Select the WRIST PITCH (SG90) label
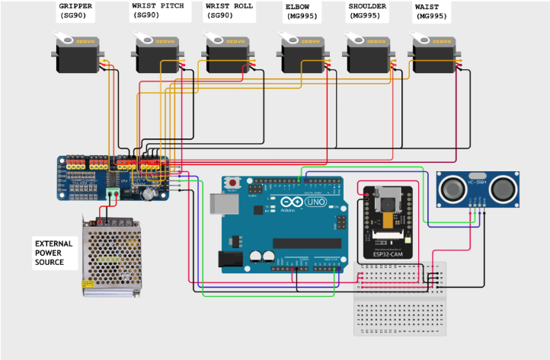coord(157,10)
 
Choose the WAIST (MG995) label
coord(430,10)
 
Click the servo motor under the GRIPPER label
coord(78,55)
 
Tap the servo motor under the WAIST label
coord(433,55)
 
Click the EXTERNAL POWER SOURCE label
coord(54,253)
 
